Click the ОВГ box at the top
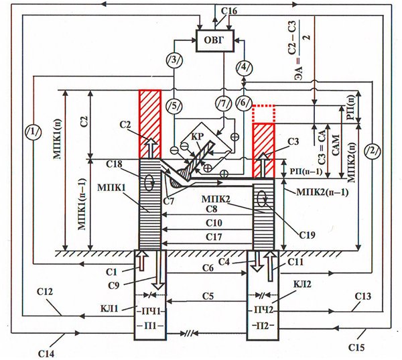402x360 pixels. click(215, 41)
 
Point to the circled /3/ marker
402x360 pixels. click(174, 60)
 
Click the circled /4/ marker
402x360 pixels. click(244, 67)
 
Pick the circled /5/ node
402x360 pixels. click(174, 105)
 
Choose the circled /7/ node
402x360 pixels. click(224, 103)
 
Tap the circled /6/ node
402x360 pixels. click(244, 103)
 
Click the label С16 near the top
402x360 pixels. click(229, 11)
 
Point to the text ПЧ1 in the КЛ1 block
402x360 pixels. click(150, 311)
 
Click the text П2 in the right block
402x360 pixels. click(263, 326)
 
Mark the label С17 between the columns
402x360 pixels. click(214, 237)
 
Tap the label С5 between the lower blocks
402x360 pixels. click(208, 296)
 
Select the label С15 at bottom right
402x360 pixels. click(356, 347)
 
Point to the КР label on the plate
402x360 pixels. click(198, 136)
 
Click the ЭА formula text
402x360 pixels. click(299, 50)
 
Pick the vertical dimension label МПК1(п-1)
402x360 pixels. click(82, 204)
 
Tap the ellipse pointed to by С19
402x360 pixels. click(262, 198)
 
